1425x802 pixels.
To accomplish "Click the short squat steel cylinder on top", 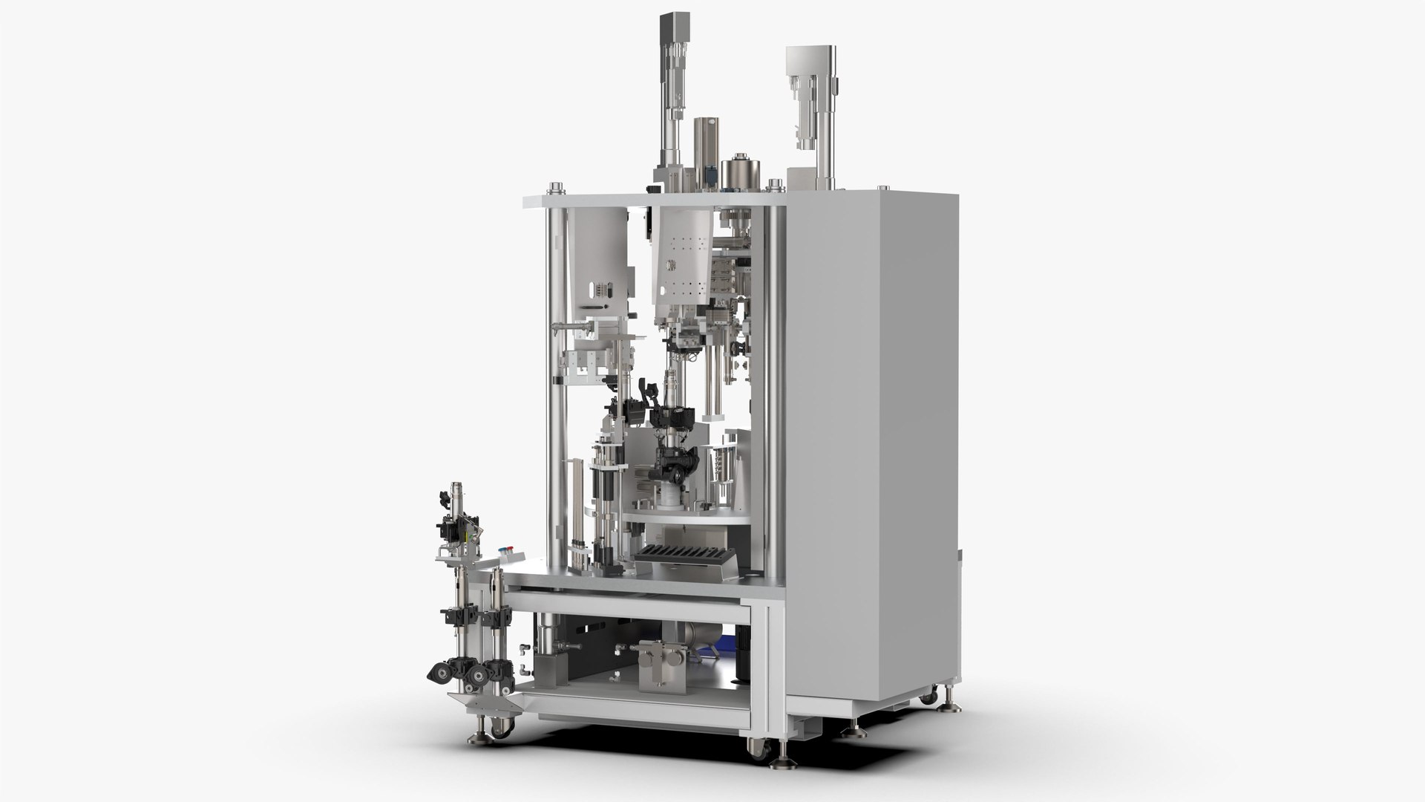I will point(738,172).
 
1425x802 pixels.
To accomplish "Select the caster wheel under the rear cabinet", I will point(928,697).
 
